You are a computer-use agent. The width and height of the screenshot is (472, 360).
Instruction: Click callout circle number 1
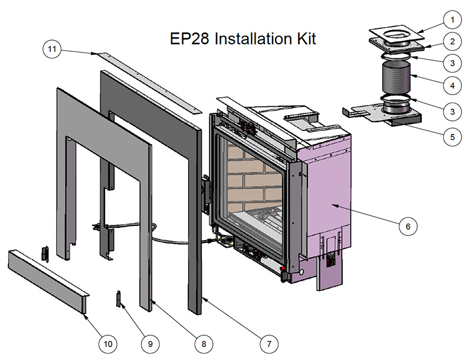tap(453, 20)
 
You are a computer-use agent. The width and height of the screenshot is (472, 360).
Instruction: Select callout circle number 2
tap(453, 41)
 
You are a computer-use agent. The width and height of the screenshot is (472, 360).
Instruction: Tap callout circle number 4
tap(453, 86)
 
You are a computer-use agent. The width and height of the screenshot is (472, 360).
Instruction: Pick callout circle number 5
tap(453, 137)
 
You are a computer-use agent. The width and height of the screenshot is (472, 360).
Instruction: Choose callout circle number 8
tap(202, 342)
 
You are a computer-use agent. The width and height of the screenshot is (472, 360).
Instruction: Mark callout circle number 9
tap(150, 342)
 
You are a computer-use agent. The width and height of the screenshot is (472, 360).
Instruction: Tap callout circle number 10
tap(108, 342)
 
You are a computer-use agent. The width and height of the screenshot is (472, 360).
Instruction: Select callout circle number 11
tap(52, 50)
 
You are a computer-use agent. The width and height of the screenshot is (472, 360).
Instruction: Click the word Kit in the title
tap(304, 39)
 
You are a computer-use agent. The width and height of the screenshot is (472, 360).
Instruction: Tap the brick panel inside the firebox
tap(251, 177)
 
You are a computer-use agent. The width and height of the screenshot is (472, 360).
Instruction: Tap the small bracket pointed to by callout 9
tap(119, 299)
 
